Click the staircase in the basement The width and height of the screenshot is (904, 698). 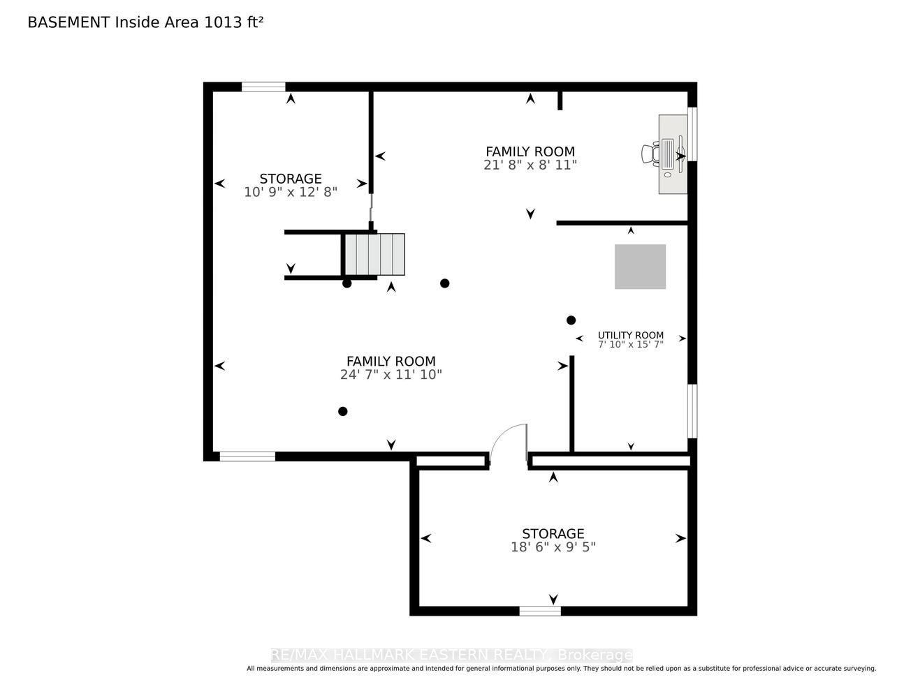click(375, 254)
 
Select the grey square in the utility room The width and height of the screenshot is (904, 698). click(640, 267)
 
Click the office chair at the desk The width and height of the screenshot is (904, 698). click(650, 154)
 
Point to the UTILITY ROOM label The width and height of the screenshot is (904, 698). click(631, 335)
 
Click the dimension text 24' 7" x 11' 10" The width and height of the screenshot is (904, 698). click(391, 375)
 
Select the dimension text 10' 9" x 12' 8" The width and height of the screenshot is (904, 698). click(291, 192)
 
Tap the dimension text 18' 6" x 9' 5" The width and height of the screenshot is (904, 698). click(553, 547)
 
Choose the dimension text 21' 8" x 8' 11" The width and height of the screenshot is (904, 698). click(530, 165)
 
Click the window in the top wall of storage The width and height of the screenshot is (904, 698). click(263, 87)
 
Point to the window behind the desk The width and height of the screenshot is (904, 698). click(692, 134)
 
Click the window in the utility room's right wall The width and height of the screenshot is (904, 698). click(692, 411)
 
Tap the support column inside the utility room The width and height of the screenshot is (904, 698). click(571, 320)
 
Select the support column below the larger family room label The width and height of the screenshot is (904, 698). click(343, 411)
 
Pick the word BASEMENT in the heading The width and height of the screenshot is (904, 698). click(68, 22)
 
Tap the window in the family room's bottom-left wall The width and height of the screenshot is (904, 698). click(247, 456)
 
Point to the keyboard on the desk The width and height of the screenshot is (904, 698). click(668, 154)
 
